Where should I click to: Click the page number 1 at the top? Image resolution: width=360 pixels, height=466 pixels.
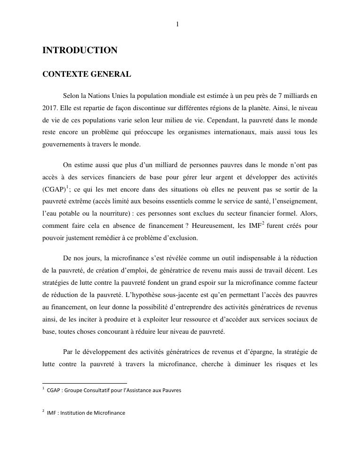pyautogui.click(x=177, y=24)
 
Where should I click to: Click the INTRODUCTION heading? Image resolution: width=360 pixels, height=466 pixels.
pyautogui.click(x=80, y=50)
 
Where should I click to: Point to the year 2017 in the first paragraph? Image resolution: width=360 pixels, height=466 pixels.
pyautogui.click(x=50, y=108)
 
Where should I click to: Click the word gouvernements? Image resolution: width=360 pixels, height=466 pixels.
pyautogui.click(x=64, y=144)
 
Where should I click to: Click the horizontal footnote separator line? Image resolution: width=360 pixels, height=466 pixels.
pyautogui.click(x=85, y=383)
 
